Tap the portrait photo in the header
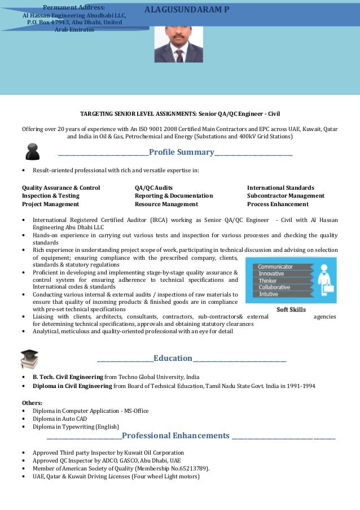[178, 43]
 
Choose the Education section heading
[173, 358]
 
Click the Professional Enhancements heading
[176, 435]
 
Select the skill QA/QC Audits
[154, 188]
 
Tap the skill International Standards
[280, 188]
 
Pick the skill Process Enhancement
[276, 204]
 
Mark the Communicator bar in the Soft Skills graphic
[276, 267]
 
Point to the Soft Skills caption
[291, 310]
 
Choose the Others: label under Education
[32, 403]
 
